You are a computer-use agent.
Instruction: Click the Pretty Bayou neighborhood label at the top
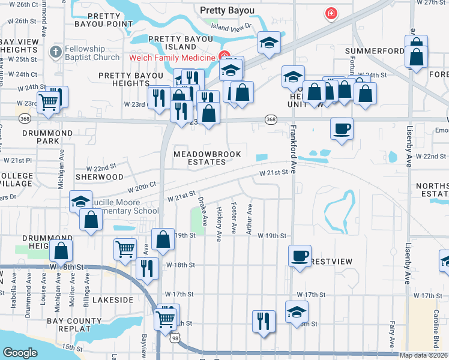pyautogui.click(x=228, y=10)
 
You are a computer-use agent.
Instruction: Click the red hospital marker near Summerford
pyautogui.click(x=330, y=13)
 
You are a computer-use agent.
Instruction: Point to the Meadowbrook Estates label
pyautogui.click(x=207, y=158)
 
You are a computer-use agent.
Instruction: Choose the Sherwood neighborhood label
pyautogui.click(x=99, y=177)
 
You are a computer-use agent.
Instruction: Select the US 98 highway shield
pyautogui.click(x=175, y=340)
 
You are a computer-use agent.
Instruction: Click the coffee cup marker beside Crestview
pyautogui.click(x=300, y=256)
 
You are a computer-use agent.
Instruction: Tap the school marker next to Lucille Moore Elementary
pyautogui.click(x=80, y=202)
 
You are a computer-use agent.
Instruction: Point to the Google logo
pyautogui.click(x=20, y=353)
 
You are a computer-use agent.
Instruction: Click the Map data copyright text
pyautogui.click(x=424, y=355)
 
